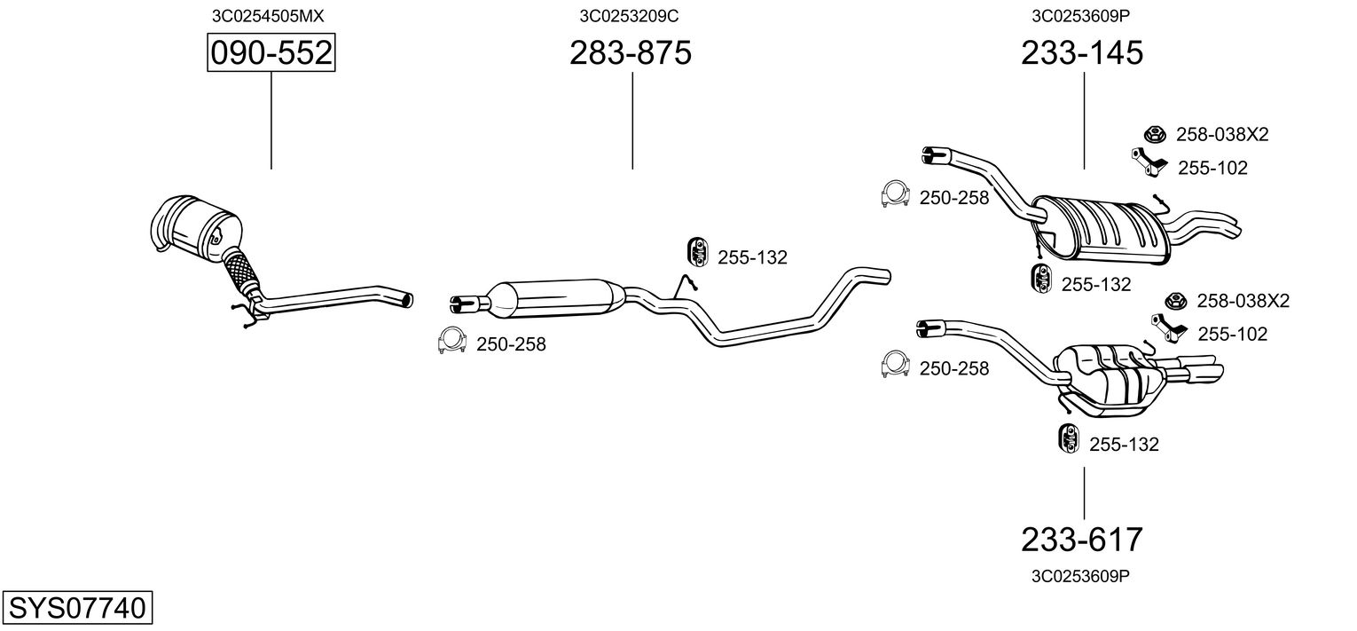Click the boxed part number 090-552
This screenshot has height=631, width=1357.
point(271,52)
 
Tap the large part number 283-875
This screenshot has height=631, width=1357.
point(630,52)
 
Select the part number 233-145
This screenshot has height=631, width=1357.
point(1082,52)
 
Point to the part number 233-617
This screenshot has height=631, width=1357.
point(1082,540)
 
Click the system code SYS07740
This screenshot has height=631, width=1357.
point(77,607)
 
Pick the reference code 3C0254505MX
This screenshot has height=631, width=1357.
point(268,16)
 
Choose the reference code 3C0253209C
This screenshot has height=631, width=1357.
point(629,16)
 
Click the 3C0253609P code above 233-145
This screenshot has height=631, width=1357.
point(1081,16)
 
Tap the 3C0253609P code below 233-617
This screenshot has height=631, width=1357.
point(1081,576)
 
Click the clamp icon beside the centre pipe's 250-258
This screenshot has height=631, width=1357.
point(452,340)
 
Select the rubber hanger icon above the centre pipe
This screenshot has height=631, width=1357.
point(698,252)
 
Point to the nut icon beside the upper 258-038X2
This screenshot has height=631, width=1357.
point(1155,134)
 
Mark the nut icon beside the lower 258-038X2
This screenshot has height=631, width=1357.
point(1175,301)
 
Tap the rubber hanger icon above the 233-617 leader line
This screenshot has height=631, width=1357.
point(1069,438)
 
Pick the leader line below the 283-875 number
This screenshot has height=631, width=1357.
point(632,121)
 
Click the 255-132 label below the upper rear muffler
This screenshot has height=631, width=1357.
point(1096,284)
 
